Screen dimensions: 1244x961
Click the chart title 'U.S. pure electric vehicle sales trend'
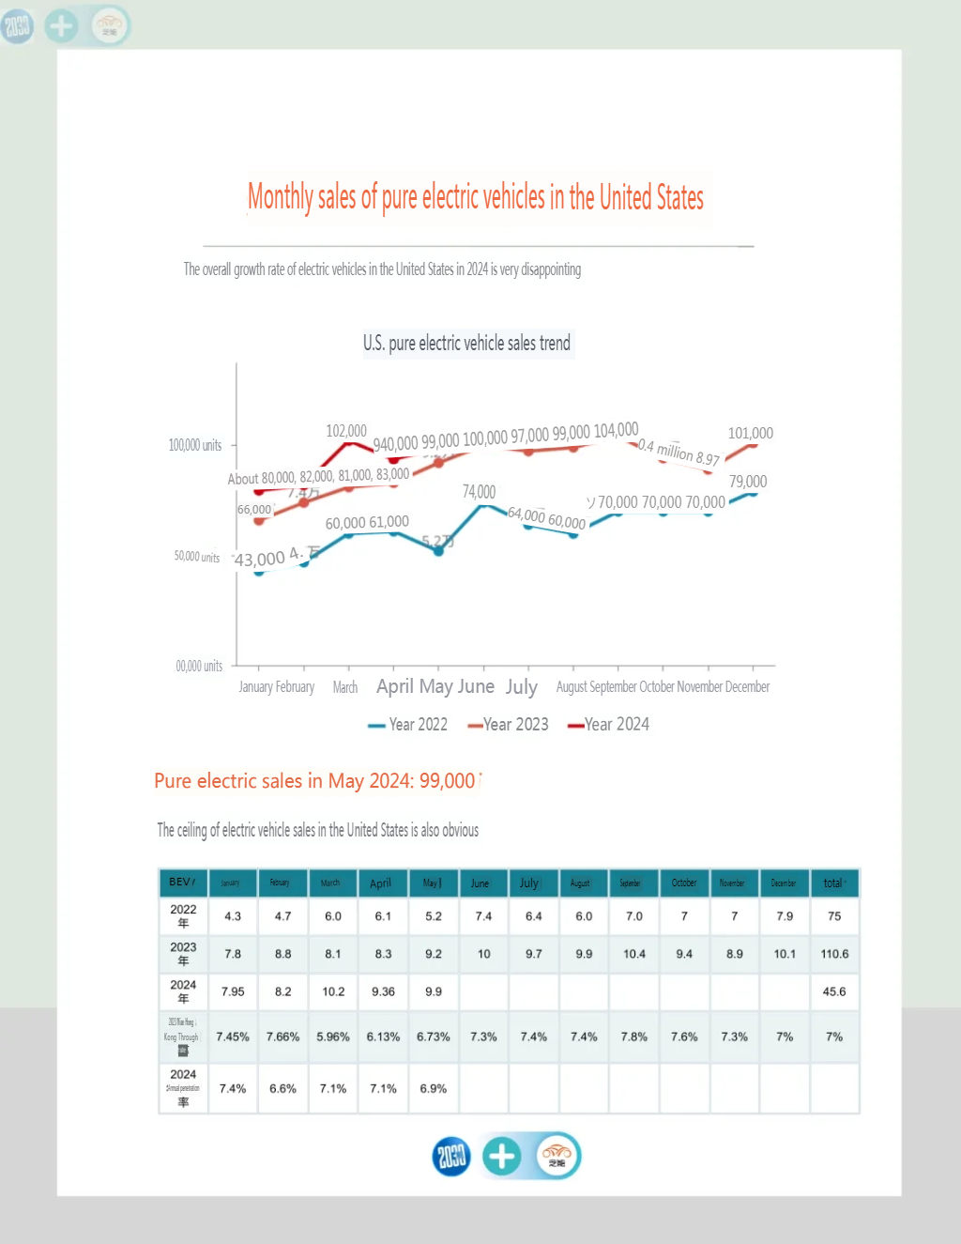point(466,344)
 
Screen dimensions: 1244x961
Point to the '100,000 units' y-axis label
point(195,445)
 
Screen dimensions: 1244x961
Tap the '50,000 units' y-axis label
point(197,557)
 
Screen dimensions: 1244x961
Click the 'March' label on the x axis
point(345,687)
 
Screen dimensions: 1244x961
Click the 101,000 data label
point(751,433)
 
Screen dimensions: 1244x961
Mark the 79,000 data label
point(748,482)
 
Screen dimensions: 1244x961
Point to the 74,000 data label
point(479,492)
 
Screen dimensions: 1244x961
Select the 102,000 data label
point(346,431)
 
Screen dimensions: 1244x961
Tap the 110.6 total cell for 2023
point(834,954)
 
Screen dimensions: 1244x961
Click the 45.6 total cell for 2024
point(834,991)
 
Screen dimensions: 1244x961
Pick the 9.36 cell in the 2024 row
point(383,991)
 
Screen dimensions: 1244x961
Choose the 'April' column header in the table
point(380,883)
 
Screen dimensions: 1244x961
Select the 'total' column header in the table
point(833,883)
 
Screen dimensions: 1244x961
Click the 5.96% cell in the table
point(333,1037)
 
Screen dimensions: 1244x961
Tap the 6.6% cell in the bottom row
point(282,1089)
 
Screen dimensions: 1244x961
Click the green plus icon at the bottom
point(502,1156)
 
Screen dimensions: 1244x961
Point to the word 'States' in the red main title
point(679,198)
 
